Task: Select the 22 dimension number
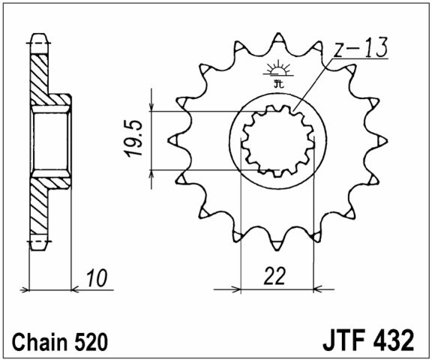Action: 276,276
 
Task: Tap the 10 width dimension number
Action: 94,279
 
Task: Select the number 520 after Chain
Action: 93,341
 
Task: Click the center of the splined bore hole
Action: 277,140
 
